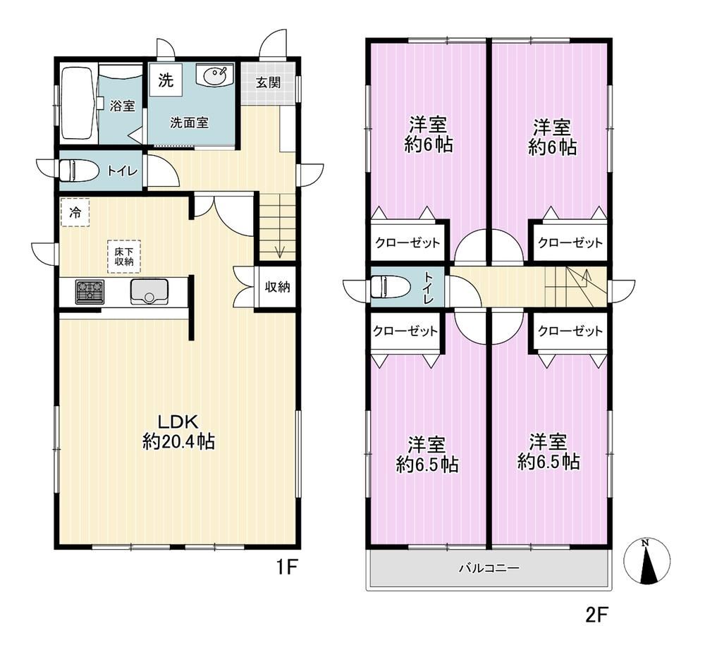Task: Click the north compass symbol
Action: pos(646,562)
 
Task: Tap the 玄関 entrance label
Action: pos(269,82)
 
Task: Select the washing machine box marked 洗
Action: pos(166,80)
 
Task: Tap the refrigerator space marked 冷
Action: pos(75,212)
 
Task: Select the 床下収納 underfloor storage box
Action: pos(123,257)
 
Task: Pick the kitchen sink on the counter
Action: pos(149,291)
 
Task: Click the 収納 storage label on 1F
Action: pos(277,286)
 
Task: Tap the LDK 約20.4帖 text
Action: pos(178,432)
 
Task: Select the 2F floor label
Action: pos(596,615)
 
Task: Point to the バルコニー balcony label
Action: pos(489,568)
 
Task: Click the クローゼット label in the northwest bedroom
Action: pos(407,243)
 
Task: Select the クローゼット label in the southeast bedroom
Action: pos(570,331)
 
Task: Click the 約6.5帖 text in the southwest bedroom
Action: pos(427,464)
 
